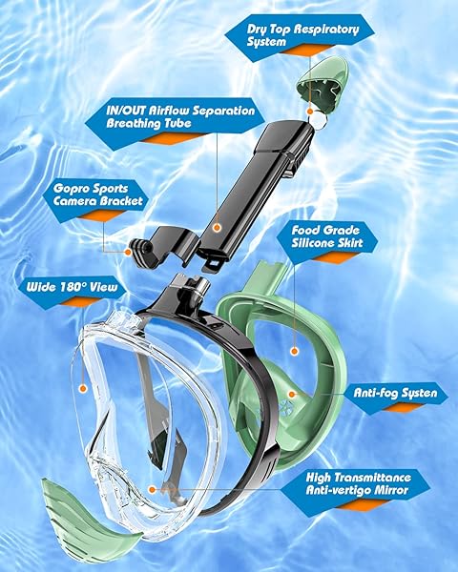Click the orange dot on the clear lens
[x=83, y=389]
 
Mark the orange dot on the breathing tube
[x=219, y=228]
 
